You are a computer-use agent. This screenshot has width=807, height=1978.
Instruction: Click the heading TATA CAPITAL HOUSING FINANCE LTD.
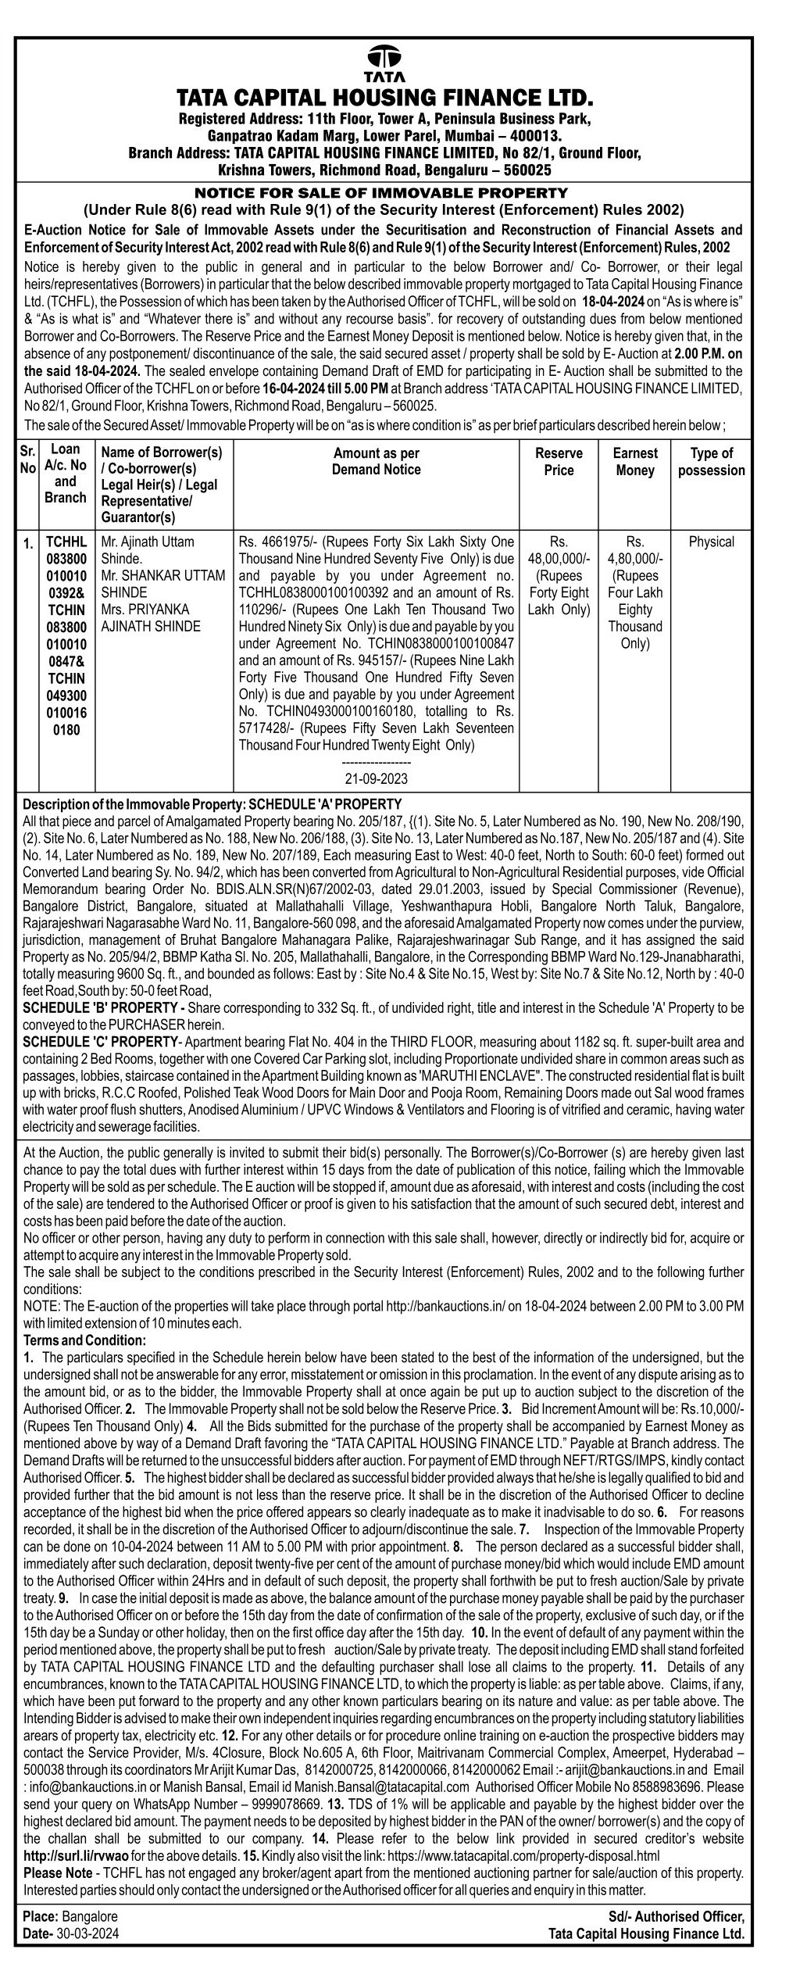[385, 98]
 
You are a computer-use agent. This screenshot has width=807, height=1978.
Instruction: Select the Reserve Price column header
[559, 462]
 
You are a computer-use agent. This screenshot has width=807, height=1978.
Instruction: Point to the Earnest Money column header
[634, 462]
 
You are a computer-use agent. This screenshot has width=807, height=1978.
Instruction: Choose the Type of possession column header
[711, 462]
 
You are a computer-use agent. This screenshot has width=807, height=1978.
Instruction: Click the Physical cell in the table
[711, 542]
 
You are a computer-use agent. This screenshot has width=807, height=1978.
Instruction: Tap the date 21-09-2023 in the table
[376, 779]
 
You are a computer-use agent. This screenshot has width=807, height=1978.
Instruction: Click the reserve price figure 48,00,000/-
[559, 558]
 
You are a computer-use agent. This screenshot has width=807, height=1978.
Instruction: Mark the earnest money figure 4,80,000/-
[634, 558]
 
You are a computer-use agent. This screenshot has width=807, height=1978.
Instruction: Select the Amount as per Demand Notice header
[376, 461]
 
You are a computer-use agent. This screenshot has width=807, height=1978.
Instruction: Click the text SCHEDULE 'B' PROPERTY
[104, 1008]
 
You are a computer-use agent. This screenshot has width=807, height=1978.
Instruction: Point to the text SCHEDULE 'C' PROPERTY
[101, 1043]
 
